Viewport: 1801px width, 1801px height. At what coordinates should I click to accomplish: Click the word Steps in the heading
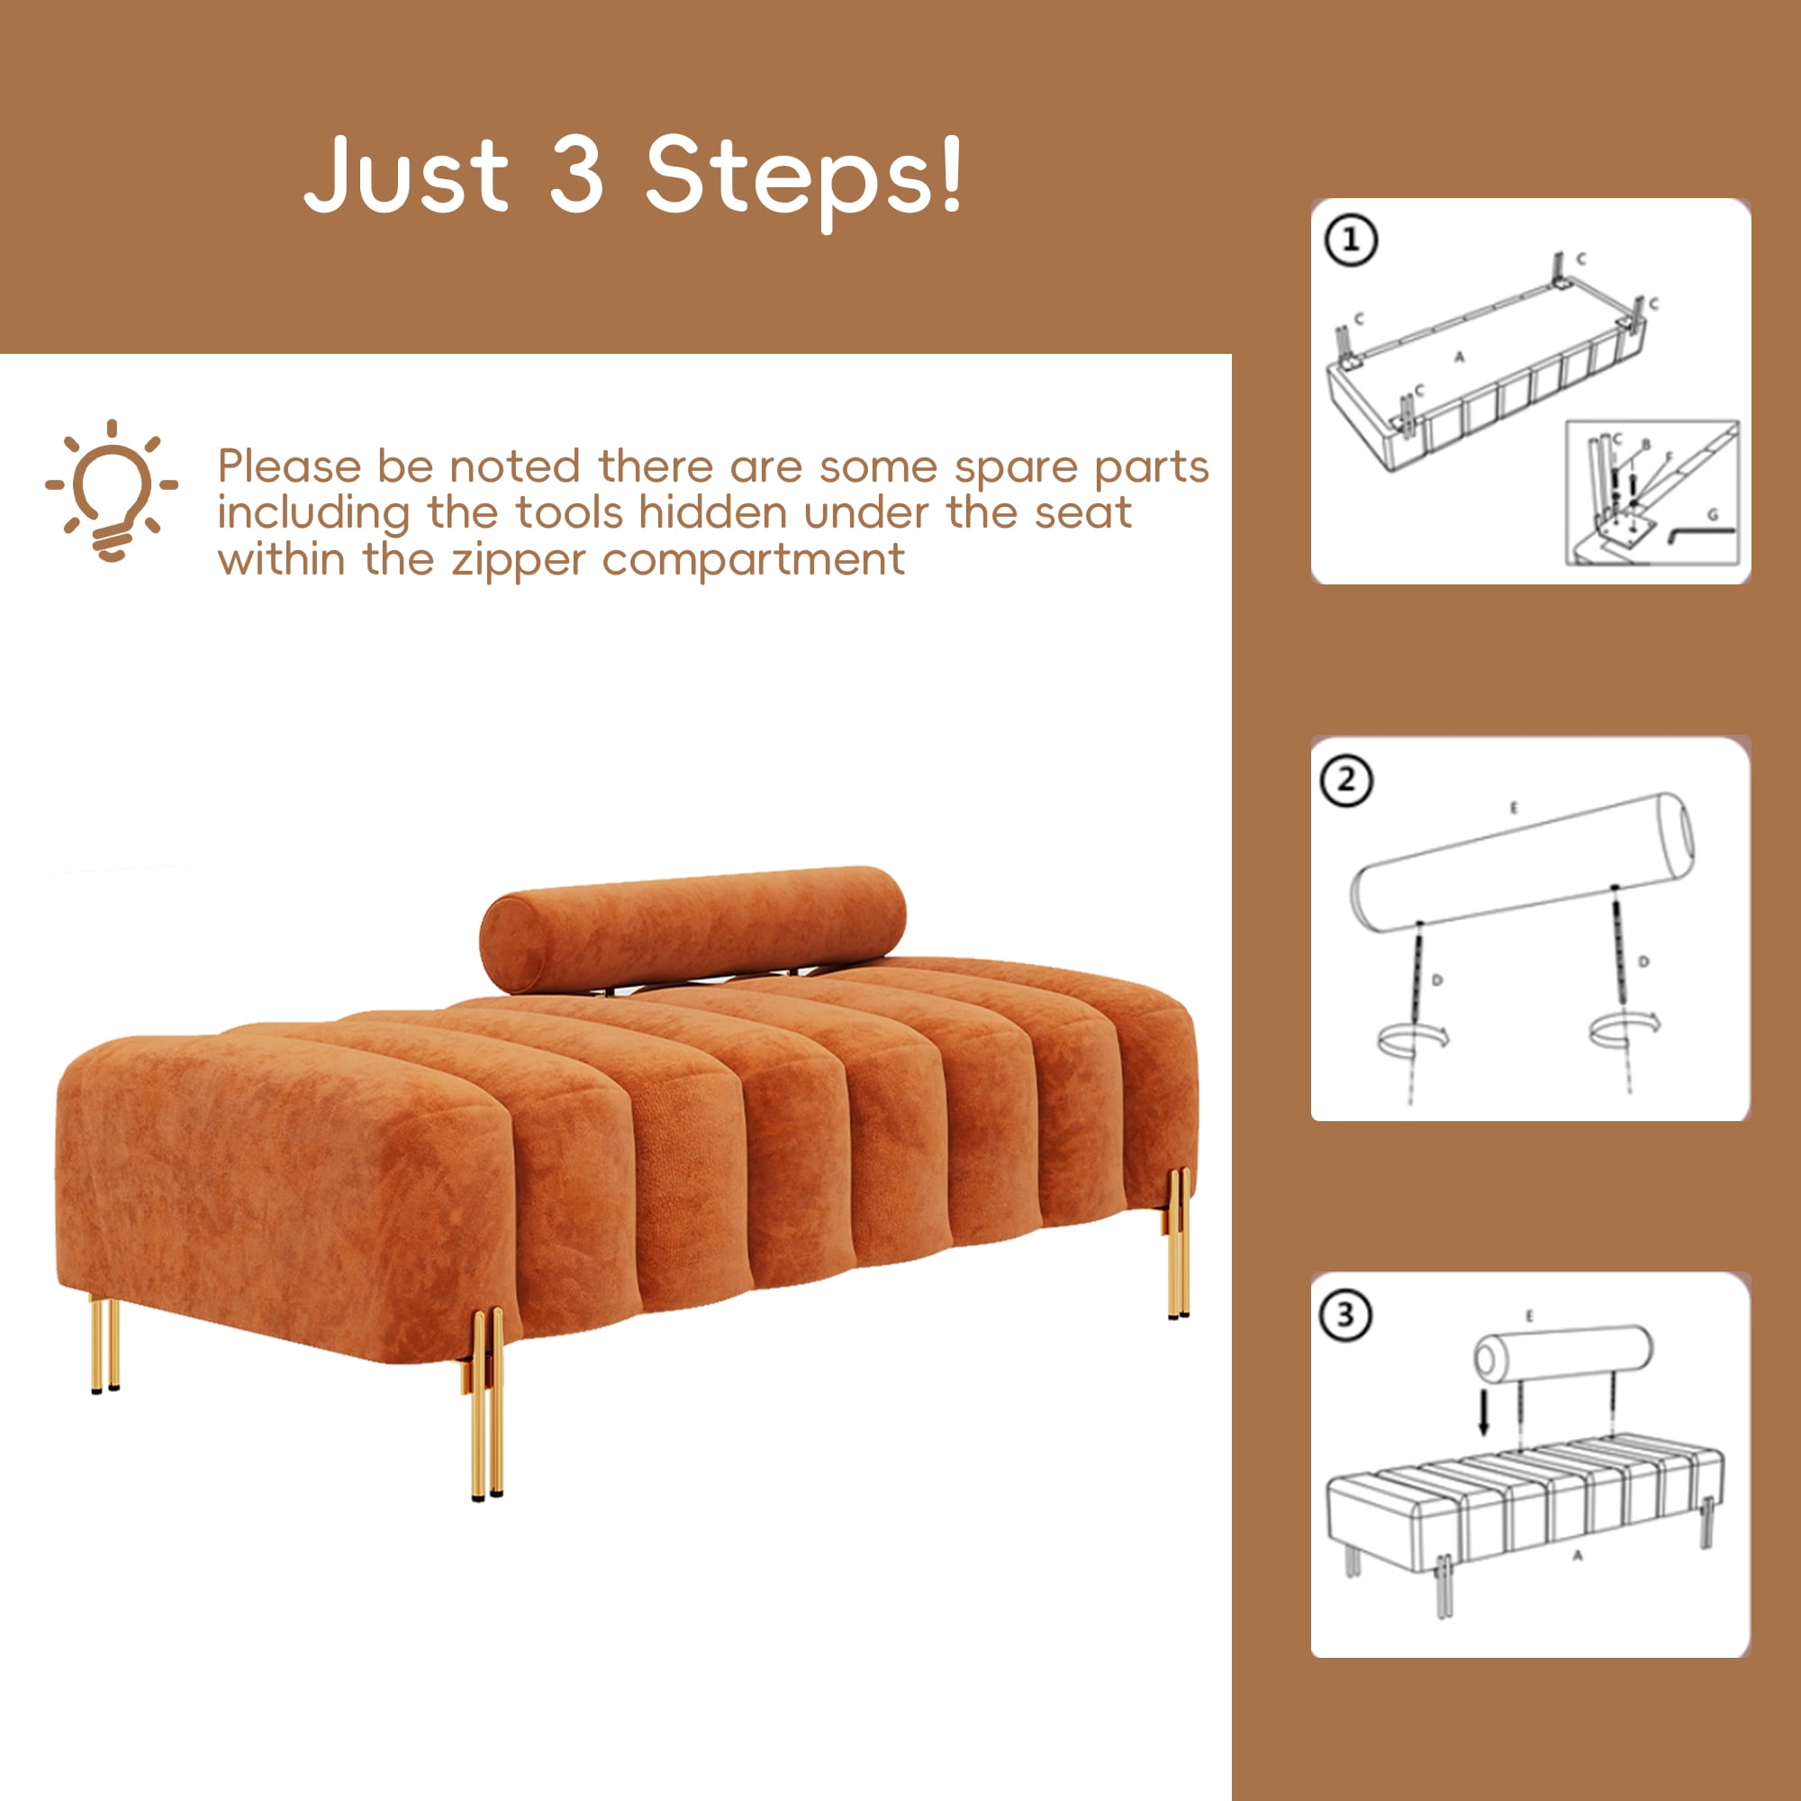pos(802,177)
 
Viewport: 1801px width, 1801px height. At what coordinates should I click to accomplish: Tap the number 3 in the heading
pos(575,173)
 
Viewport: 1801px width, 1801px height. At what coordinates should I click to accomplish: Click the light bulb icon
pos(112,492)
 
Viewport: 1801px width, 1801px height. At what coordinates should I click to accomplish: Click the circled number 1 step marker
pos(1352,241)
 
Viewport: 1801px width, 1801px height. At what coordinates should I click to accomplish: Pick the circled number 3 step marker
pos(1346,1316)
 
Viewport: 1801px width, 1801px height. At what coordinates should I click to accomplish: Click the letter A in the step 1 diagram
pos(1460,355)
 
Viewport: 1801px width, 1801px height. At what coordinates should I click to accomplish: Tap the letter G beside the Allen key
pos(1713,513)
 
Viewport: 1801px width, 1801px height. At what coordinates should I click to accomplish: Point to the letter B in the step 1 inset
pos(1645,446)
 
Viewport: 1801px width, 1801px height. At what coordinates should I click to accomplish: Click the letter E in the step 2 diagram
pos(1513,809)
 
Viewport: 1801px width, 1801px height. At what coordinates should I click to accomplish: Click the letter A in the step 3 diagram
pos(1578,1555)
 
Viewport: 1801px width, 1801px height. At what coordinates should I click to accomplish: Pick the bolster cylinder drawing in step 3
pos(1563,1353)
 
